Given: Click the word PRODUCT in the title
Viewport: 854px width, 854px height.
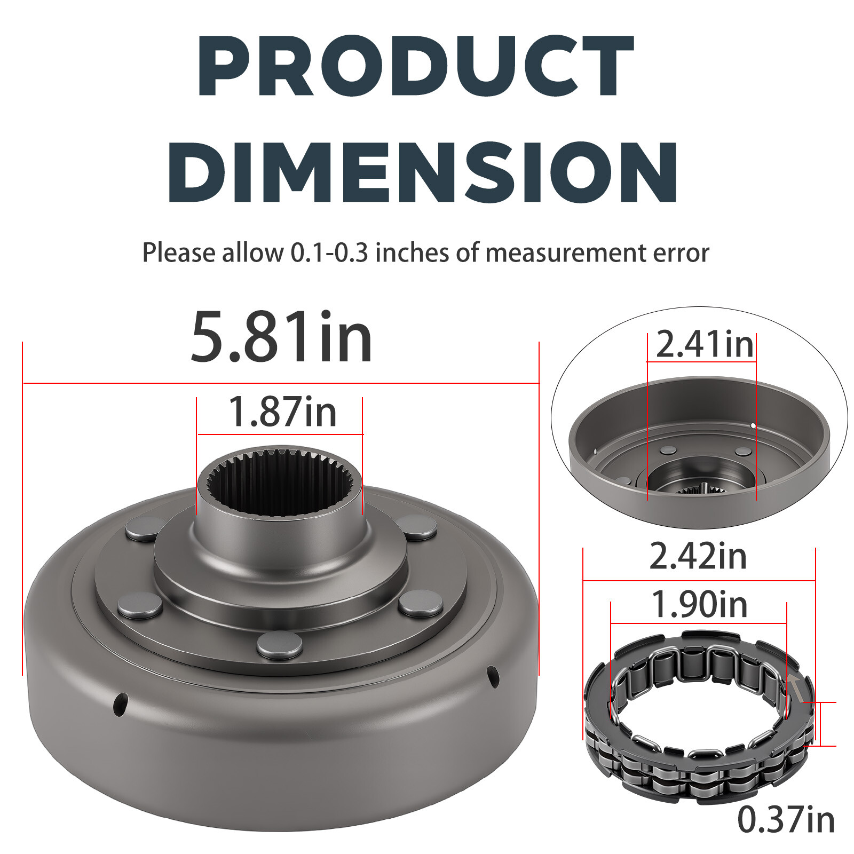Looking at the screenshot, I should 415,67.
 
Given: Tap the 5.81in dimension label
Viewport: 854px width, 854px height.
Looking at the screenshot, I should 281,338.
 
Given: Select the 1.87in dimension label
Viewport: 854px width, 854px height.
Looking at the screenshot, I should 282,412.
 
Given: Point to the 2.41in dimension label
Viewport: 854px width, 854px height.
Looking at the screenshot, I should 705,345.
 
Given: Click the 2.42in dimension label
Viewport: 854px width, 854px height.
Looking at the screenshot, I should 698,557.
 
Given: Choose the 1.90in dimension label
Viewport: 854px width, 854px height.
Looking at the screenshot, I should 699,605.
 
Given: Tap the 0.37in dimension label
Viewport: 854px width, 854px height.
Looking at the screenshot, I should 786,820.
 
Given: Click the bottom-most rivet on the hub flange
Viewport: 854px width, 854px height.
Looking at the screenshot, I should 279,644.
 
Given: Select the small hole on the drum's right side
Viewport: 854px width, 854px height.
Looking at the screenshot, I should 493,677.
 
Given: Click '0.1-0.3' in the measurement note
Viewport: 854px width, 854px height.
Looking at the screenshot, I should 329,253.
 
